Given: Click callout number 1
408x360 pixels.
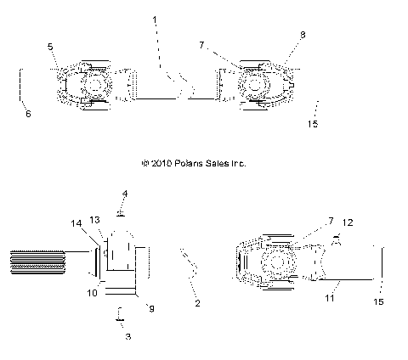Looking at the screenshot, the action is [155, 20].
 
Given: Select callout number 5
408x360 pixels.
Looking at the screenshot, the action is [50, 47].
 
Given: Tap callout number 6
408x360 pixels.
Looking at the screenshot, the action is [28, 114].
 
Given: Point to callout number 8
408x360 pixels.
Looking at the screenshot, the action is [303, 35].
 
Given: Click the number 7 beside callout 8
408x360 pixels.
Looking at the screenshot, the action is [201, 45].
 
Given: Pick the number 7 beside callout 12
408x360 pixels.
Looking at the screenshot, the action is [331, 221].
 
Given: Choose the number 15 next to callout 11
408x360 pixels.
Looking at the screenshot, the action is [378, 302].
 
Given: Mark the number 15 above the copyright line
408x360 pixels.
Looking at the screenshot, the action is [313, 124].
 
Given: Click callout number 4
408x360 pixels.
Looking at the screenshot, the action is [125, 194].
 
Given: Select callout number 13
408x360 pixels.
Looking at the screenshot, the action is [95, 220].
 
